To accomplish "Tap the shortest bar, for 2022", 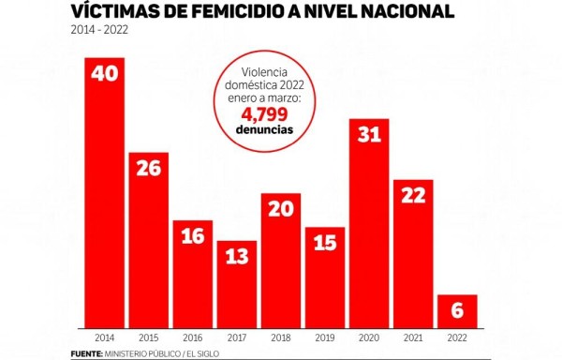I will click(x=457, y=310).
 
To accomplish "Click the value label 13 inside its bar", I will click(x=236, y=256).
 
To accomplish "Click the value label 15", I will click(x=324, y=242).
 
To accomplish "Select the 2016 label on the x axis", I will click(x=192, y=336).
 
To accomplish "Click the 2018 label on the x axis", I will click(x=280, y=336).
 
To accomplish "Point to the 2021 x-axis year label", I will click(x=413, y=336).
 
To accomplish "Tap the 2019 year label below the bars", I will click(x=324, y=336).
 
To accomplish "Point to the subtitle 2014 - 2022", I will click(x=99, y=31).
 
